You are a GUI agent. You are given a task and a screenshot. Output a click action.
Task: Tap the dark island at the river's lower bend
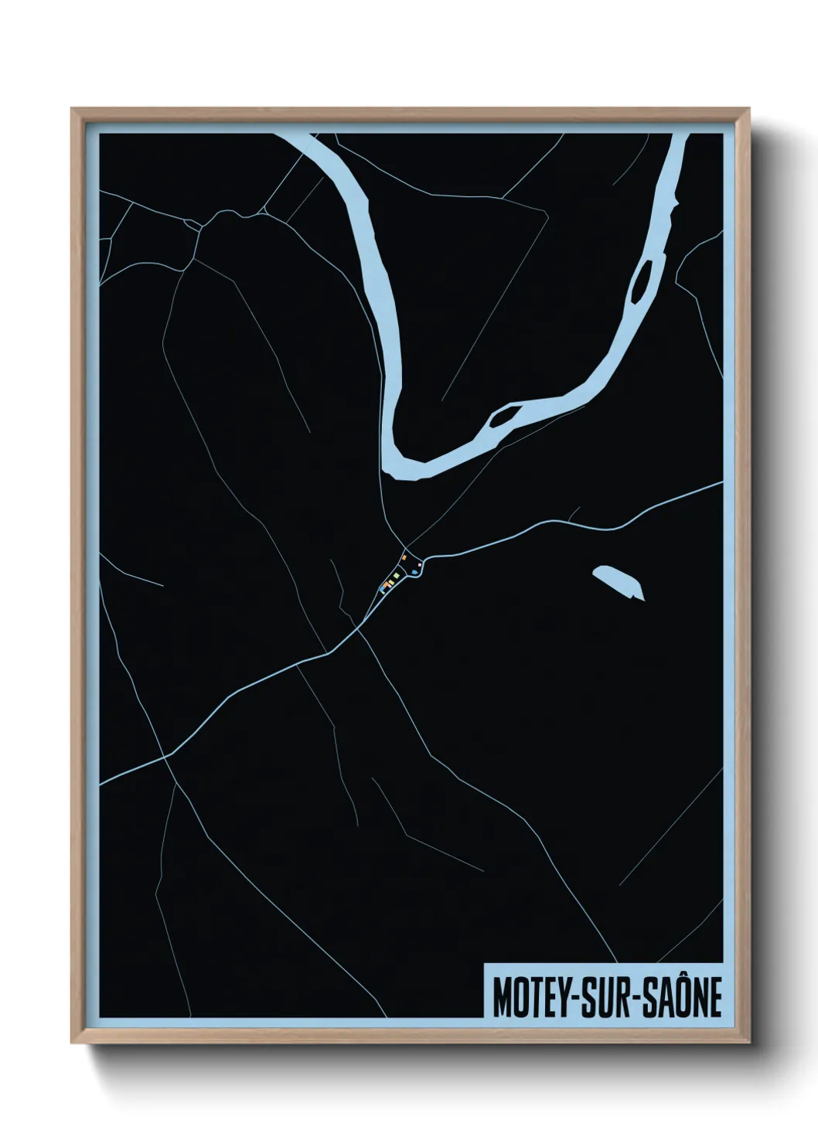pos(503,418)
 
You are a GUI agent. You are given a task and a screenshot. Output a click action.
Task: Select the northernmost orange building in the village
pos(404,557)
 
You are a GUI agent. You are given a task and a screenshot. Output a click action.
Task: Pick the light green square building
pos(396,576)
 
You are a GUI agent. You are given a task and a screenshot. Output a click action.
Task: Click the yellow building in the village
pos(390,582)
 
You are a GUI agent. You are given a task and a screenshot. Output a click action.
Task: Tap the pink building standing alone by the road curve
pos(420,566)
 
